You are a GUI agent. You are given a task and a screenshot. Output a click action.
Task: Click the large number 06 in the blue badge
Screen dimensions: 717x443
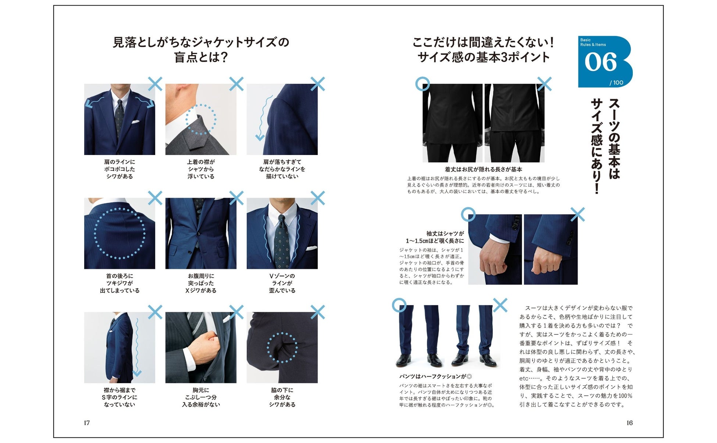[x=600, y=62]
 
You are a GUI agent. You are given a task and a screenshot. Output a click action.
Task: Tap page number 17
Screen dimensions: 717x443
[x=87, y=423]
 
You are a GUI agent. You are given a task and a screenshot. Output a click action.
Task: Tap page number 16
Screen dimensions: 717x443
[x=629, y=423]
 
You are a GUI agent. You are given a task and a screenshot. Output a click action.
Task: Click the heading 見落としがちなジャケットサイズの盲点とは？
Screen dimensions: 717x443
[x=201, y=50]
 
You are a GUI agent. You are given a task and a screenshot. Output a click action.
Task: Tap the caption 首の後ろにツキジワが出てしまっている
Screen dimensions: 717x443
[x=119, y=283]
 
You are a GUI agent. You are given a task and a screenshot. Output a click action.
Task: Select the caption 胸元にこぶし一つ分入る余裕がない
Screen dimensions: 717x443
[x=201, y=397]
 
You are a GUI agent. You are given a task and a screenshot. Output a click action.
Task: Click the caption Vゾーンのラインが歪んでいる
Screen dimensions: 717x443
[x=282, y=283]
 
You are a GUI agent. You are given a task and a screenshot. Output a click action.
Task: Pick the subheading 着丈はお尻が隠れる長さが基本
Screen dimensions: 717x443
[x=483, y=169]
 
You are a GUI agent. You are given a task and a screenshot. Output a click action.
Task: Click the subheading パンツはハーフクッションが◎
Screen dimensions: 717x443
[x=436, y=376]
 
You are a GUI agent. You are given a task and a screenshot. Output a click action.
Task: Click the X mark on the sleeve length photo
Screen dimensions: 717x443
[x=577, y=215]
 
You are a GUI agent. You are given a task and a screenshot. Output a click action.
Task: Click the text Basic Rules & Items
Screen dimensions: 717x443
[x=593, y=42]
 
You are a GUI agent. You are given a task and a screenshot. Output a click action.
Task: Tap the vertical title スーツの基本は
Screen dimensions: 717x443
[x=614, y=138]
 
